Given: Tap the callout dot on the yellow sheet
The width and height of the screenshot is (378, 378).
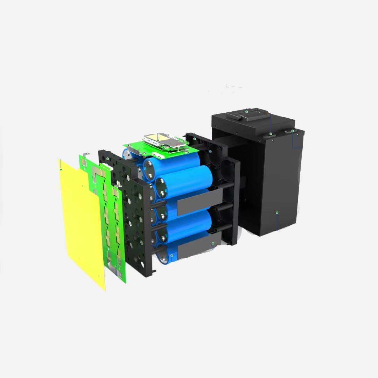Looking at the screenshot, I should pos(61,169).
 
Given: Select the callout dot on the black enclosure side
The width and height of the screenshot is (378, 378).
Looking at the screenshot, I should pos(277,212).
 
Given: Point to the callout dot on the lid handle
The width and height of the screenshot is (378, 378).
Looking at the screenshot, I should pos(246,112).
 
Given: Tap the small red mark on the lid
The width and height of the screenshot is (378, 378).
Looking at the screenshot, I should pos(269,113).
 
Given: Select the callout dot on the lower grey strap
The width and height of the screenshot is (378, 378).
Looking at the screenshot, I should pos(213,243).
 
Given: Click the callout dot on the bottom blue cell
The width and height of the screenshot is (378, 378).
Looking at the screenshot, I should pos(172,256).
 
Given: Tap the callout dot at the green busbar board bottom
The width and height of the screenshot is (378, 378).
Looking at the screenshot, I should pos(116,266).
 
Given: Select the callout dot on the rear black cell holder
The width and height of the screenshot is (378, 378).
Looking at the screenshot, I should pos(195,139).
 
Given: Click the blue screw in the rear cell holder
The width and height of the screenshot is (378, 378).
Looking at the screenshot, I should pos(210,152).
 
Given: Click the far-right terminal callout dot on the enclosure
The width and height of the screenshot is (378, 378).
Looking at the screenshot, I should pos(293,131).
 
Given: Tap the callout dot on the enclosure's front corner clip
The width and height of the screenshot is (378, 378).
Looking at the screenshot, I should pos(271,134).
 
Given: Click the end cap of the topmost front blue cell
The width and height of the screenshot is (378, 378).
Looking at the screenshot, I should pos(151,169).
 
